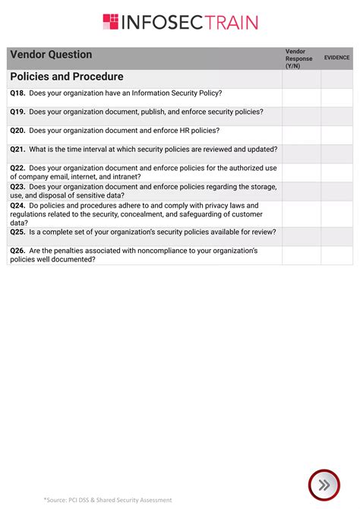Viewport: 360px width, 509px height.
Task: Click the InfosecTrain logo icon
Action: pos(111,22)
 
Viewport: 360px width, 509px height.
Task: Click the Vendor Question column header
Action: pos(51,55)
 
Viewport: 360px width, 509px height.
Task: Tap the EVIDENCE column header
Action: pos(336,58)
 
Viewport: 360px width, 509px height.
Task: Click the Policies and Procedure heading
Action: pos(67,77)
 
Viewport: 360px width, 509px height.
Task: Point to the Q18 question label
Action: pos(17,93)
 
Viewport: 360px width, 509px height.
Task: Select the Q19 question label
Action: pos(17,112)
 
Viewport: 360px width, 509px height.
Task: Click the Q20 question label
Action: pos(17,131)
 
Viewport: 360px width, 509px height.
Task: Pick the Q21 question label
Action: pos(17,150)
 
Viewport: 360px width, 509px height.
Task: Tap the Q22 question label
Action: pos(17,168)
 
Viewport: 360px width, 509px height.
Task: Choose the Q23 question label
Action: pos(17,186)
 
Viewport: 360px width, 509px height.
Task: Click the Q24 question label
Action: pos(17,205)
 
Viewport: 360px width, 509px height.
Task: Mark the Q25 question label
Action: pos(17,232)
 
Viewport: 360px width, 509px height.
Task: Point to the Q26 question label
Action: pos(17,251)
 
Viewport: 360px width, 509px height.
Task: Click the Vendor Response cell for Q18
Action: pos(302,97)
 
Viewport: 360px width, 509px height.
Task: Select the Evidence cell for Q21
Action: pos(336,153)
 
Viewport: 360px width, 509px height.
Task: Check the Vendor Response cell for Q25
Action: pos(302,236)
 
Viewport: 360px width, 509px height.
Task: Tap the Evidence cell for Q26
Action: pos(336,254)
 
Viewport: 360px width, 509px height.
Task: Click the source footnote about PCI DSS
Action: pos(108,500)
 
